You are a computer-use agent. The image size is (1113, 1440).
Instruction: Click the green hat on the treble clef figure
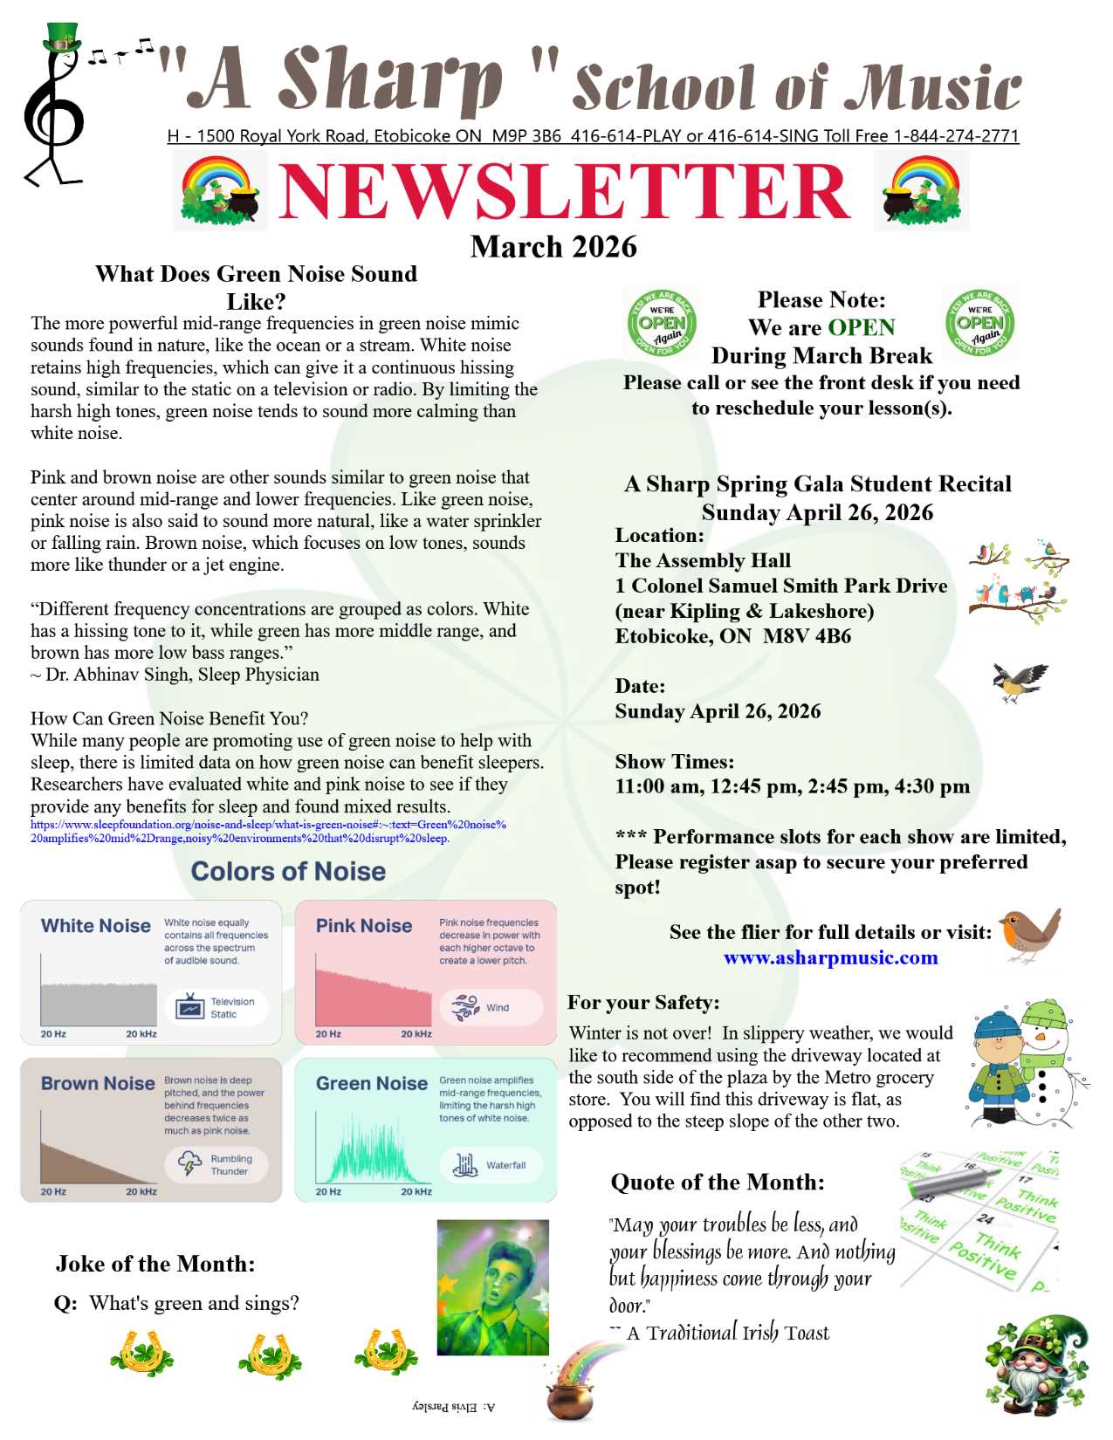click(x=61, y=38)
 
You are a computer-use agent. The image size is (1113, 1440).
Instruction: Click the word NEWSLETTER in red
click(x=564, y=191)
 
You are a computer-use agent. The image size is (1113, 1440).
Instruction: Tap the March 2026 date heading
click(x=553, y=247)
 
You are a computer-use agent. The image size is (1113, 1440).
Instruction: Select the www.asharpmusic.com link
click(x=830, y=957)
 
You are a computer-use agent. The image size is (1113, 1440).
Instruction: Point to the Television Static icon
click(x=189, y=1007)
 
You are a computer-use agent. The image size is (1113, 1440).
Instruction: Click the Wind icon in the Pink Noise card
click(x=465, y=1007)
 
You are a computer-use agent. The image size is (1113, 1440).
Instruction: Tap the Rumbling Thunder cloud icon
click(x=189, y=1164)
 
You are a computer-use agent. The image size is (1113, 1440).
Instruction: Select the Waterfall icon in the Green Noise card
click(x=465, y=1164)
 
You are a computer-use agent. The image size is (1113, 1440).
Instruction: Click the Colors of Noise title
click(x=288, y=871)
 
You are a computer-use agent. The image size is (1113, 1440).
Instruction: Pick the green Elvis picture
click(x=492, y=1287)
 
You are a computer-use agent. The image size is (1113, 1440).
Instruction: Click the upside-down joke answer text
click(x=454, y=1407)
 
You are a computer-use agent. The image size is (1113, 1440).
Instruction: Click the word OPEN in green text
click(x=861, y=327)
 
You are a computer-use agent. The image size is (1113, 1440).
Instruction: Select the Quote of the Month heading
click(x=718, y=1183)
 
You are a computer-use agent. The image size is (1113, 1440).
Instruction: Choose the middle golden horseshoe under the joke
click(x=269, y=1354)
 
